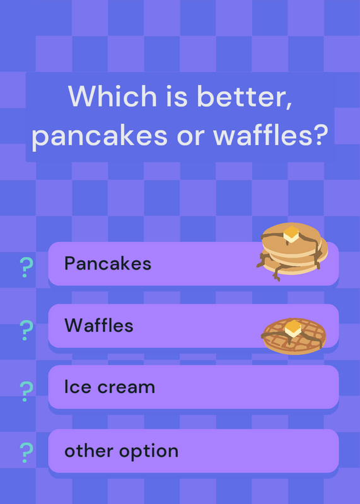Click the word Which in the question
tap(112, 96)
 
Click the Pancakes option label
tap(108, 263)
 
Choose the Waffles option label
tap(99, 325)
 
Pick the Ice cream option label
tap(110, 387)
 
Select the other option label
tap(121, 451)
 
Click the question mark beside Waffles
tap(26, 330)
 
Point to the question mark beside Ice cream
tap(26, 391)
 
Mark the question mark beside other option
tap(26, 452)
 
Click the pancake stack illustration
tap(292, 251)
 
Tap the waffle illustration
tap(293, 336)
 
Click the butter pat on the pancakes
tap(291, 234)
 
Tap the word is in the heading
tap(177, 96)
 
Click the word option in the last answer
tap(149, 452)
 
